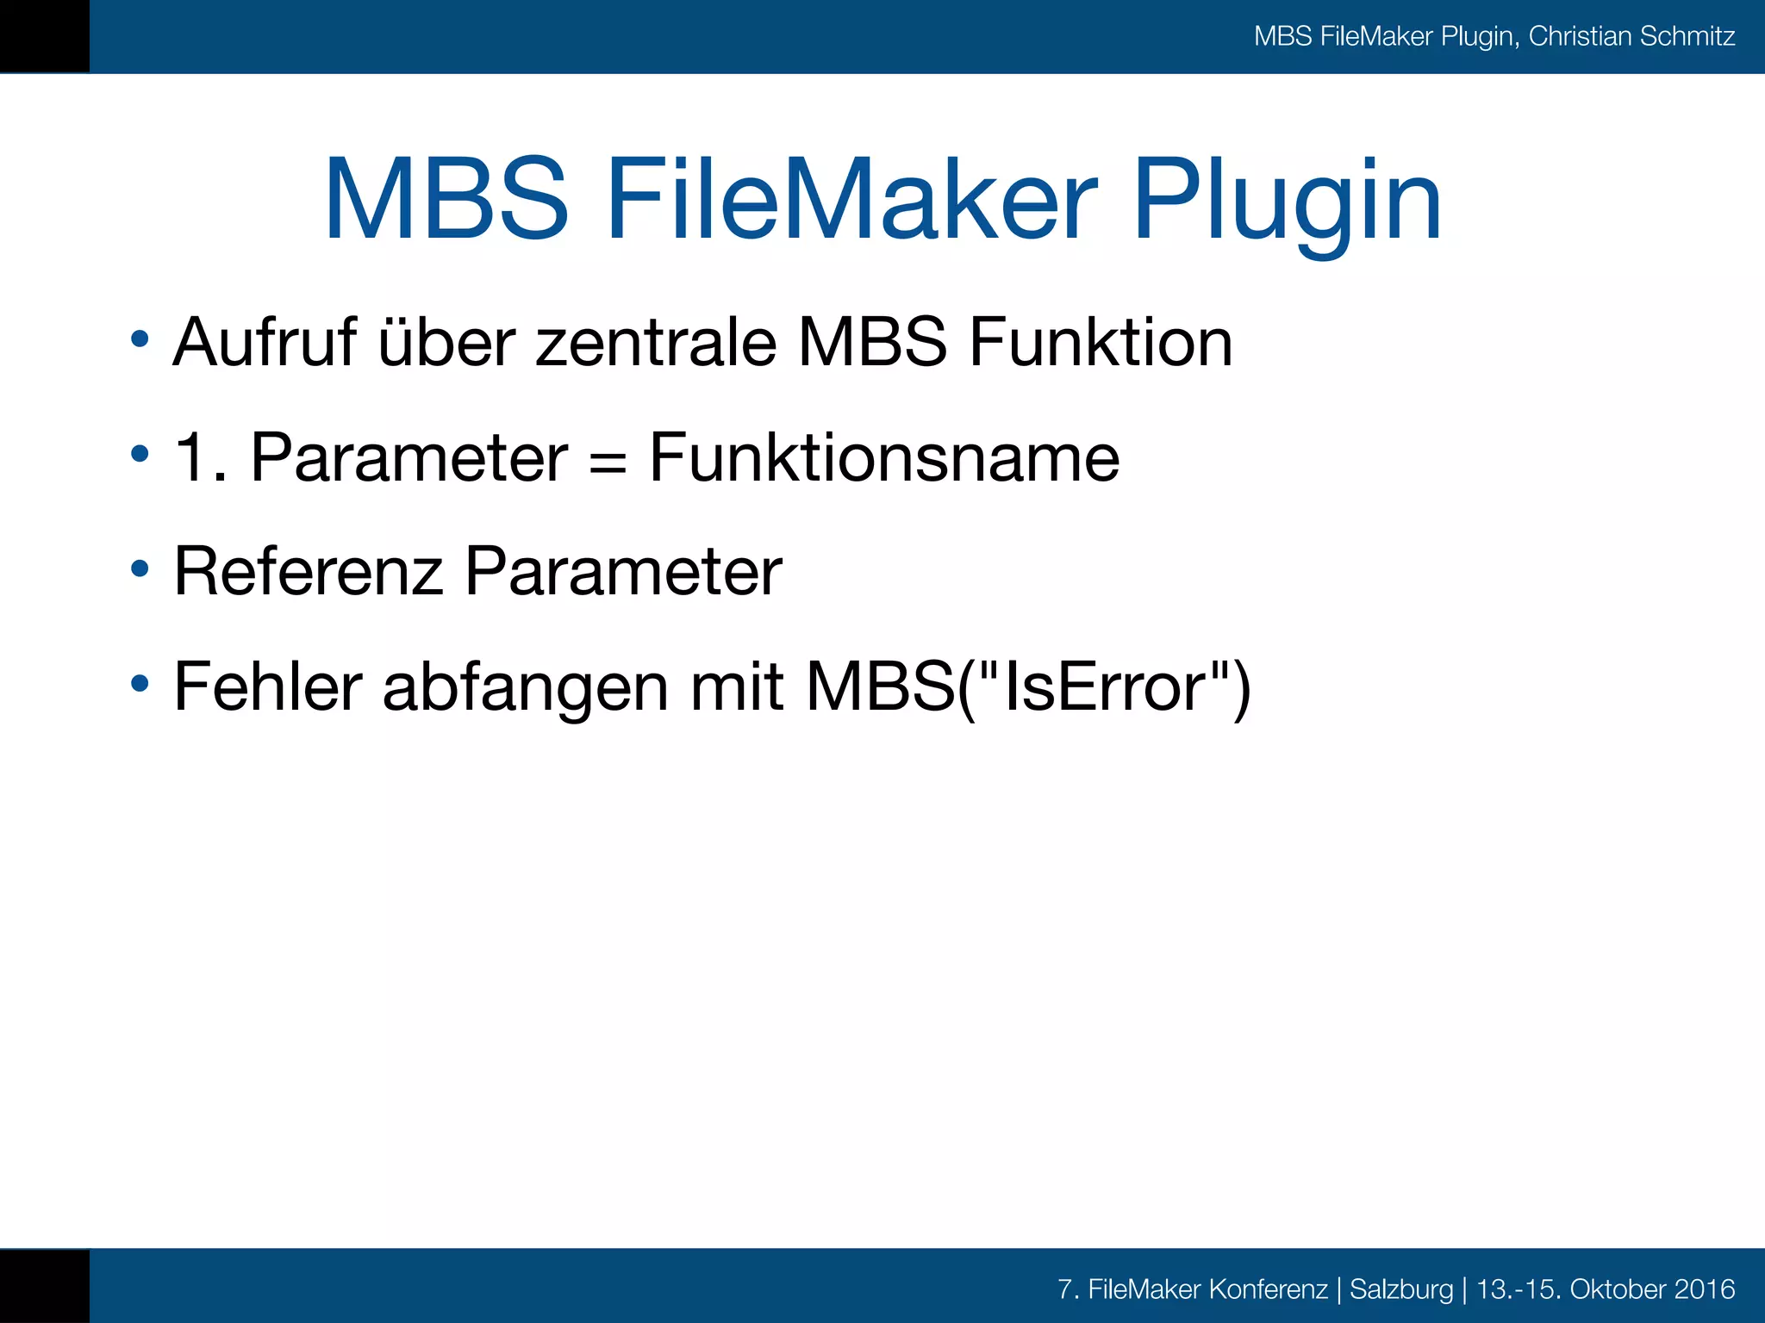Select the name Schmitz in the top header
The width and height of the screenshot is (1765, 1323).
click(x=1687, y=36)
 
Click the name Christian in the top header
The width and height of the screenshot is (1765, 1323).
click(x=1580, y=36)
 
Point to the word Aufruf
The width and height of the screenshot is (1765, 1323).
click(x=265, y=343)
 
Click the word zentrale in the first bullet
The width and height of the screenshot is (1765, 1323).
click(x=656, y=343)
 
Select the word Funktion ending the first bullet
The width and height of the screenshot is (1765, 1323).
click(x=1101, y=343)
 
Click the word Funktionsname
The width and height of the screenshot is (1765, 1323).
click(x=884, y=457)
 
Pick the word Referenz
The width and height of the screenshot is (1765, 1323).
click(x=308, y=571)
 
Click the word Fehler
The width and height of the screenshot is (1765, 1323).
click(x=268, y=686)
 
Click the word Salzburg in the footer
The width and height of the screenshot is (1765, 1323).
click(x=1400, y=1289)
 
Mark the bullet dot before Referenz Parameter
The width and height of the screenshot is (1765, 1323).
click(x=140, y=569)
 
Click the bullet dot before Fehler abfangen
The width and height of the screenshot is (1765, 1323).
click(x=140, y=685)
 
